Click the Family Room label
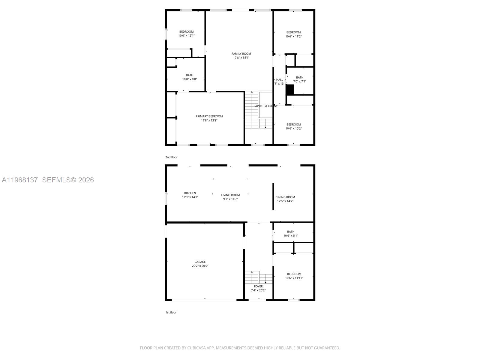tap(241, 54)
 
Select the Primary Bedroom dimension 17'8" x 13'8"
tap(209, 121)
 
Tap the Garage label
tap(200, 262)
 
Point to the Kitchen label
tap(190, 193)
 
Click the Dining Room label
tap(285, 197)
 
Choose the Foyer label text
tap(258, 286)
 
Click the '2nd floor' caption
tap(171, 157)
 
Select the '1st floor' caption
tap(171, 312)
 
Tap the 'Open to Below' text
tap(266, 106)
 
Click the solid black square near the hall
tap(290, 90)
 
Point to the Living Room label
tap(230, 195)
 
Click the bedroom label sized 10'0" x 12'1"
tap(186, 31)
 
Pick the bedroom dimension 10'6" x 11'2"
tap(293, 36)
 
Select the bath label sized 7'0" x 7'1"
tap(300, 77)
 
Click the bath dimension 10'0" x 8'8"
tap(189, 79)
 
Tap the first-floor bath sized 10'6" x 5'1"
tap(291, 232)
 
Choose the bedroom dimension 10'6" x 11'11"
tap(294, 278)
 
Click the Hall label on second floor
tap(280, 79)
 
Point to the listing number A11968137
tap(20, 180)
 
